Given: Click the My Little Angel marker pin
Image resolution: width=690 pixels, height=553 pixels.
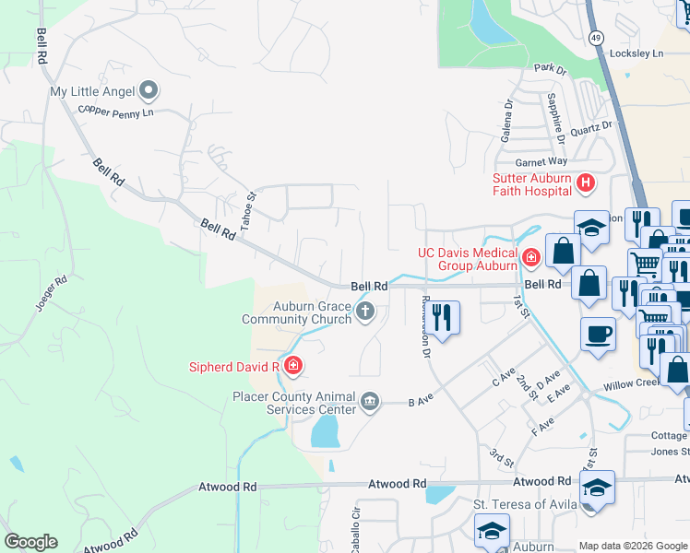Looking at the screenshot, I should (x=149, y=91).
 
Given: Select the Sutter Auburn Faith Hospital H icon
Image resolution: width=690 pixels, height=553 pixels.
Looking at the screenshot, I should (x=584, y=184).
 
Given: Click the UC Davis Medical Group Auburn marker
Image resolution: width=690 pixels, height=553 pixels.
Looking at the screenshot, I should (x=530, y=256).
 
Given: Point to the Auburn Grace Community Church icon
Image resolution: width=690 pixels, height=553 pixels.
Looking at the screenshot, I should (x=364, y=312).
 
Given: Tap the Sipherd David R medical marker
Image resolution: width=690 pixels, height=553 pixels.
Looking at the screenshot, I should (x=292, y=367).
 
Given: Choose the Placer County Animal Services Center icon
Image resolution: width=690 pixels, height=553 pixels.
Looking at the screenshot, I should (x=370, y=401).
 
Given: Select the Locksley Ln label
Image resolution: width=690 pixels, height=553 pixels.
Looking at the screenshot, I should (x=637, y=53).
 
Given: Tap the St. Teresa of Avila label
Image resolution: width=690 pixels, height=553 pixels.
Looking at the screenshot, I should (x=525, y=504).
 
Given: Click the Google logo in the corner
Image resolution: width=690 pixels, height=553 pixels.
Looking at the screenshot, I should (x=30, y=542).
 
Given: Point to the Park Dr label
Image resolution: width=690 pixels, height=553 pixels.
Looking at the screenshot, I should (x=549, y=68).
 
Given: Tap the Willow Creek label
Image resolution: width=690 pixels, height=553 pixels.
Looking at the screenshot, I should (x=631, y=382).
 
